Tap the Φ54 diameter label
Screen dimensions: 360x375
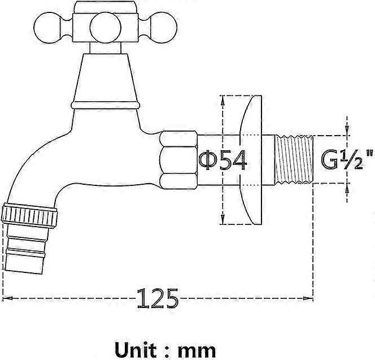tap(223, 161)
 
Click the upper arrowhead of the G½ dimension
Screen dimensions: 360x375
tap(346, 132)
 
